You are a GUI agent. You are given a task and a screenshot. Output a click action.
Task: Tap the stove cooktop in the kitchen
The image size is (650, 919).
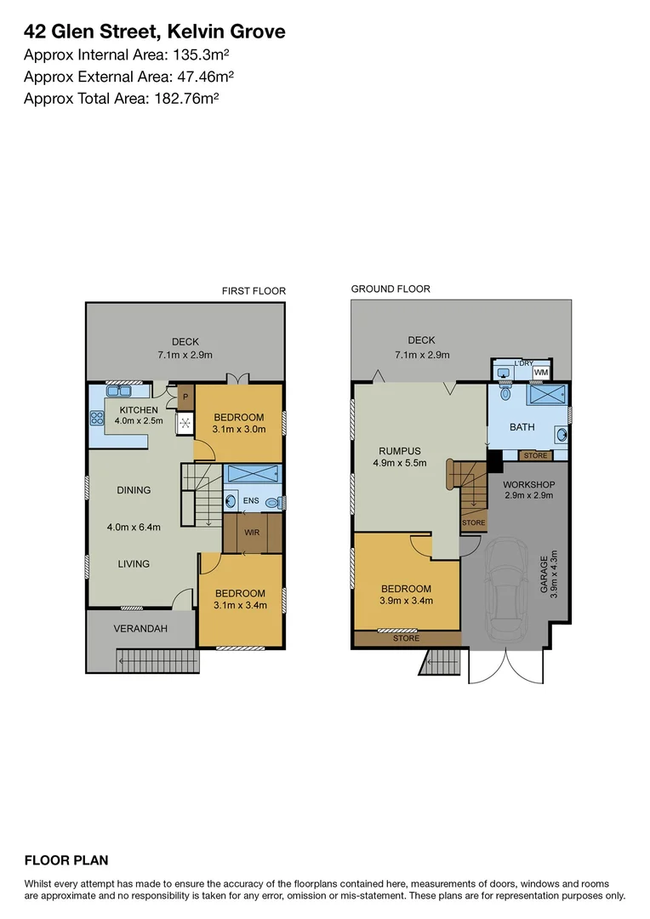point(96,418)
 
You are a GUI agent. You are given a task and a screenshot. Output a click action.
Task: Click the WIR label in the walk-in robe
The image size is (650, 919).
point(252,534)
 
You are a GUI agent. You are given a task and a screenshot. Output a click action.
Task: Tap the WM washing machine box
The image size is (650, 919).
point(541,373)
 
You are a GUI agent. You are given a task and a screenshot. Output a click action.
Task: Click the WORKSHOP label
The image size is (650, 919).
point(529,484)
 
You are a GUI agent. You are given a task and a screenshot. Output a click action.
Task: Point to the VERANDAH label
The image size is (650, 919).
point(141,629)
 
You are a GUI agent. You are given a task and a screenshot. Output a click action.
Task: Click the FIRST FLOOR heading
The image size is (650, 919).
point(254,291)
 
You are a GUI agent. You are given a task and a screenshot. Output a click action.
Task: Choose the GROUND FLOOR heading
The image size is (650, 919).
point(391,289)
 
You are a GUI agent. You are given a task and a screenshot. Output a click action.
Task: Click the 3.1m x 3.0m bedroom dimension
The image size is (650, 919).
point(239,431)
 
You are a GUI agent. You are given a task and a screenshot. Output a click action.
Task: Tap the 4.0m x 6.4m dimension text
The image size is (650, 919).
point(134,527)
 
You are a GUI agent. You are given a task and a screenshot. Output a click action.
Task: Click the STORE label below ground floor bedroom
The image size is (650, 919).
point(407,637)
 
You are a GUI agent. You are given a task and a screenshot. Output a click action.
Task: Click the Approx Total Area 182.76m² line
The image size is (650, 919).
point(122,98)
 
